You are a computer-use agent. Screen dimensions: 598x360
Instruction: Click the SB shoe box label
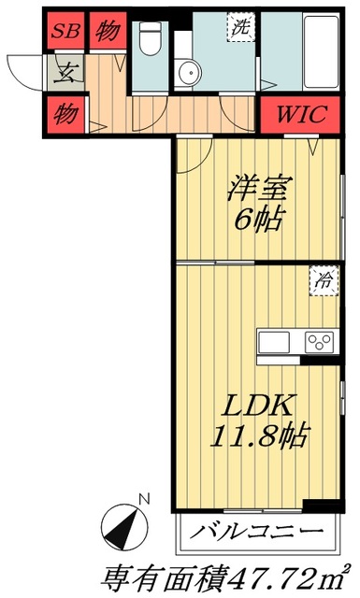coord(64,31)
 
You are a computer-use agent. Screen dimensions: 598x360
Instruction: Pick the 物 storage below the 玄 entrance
coord(65,115)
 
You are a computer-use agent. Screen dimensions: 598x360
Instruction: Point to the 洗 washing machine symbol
coord(240,29)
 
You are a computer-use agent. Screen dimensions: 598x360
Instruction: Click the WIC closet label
coord(301,116)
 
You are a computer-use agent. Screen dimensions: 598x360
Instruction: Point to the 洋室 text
coord(254,187)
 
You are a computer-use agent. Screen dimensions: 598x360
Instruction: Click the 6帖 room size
coord(254,221)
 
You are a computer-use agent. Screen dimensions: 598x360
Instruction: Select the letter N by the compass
coord(141,499)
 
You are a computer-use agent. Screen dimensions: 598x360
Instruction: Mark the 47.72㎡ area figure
coord(286,575)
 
